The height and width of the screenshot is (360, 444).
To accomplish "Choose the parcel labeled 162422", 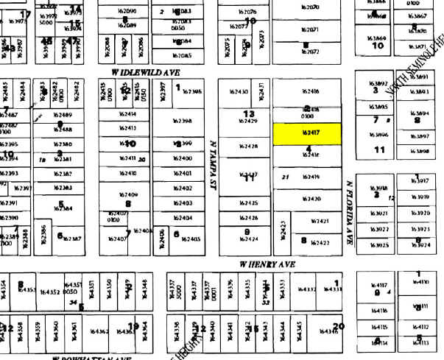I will [x=320, y=243].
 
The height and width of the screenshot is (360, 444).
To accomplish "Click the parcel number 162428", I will [x=248, y=147].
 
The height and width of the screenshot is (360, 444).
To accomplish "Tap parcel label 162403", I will [x=182, y=203].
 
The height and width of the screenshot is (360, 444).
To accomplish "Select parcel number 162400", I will [x=181, y=158].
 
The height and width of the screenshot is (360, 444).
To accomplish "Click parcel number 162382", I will [x=63, y=174].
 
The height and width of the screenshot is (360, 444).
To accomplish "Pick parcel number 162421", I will [x=320, y=221].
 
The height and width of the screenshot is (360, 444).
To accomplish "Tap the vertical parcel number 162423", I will [x=284, y=231].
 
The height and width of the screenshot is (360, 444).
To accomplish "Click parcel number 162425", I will [x=248, y=203].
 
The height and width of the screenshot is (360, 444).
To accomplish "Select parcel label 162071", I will [x=309, y=29].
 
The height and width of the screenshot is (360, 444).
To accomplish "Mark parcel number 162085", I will [x=182, y=56].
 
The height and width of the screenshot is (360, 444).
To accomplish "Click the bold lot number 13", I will [x=249, y=113].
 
